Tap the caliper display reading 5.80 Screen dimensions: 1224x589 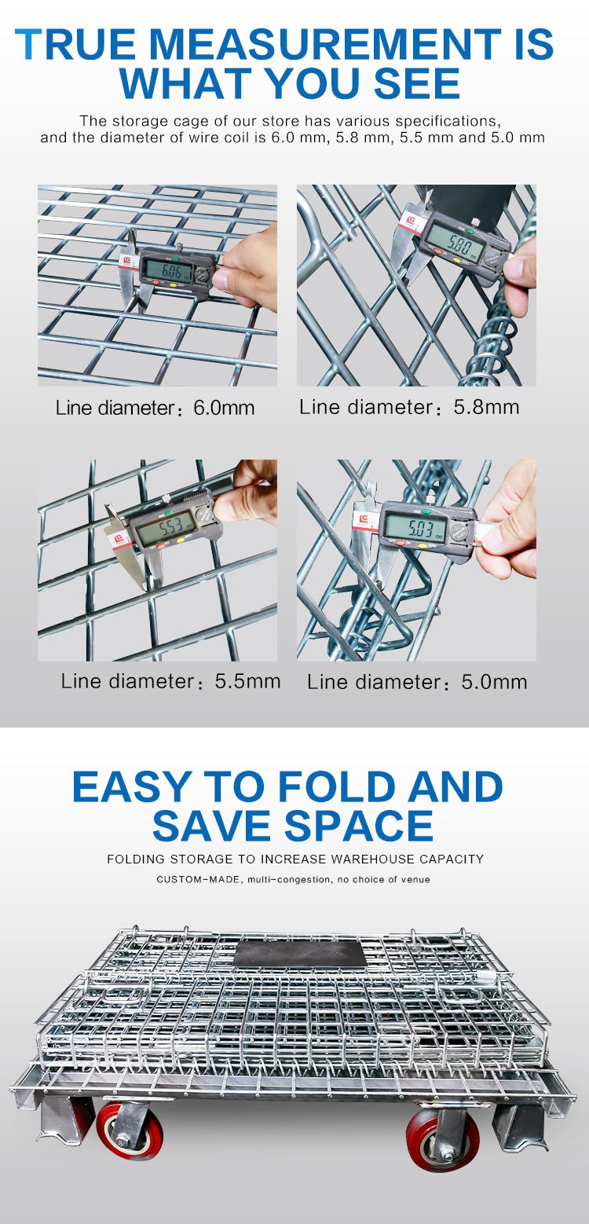click(453, 233)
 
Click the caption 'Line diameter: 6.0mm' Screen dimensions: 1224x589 click(155, 409)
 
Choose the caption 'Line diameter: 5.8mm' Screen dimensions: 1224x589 click(409, 407)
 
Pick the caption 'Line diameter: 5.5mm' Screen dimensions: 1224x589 click(170, 681)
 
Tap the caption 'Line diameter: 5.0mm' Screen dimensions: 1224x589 click(417, 682)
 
